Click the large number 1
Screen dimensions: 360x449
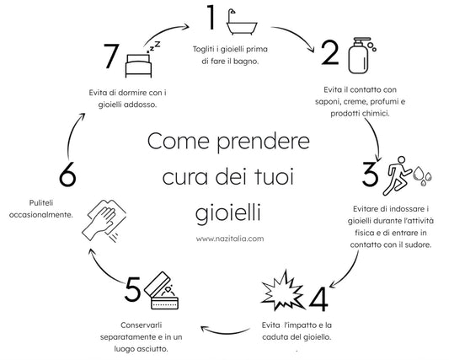[x=212, y=18]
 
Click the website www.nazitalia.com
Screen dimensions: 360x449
[x=230, y=238]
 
